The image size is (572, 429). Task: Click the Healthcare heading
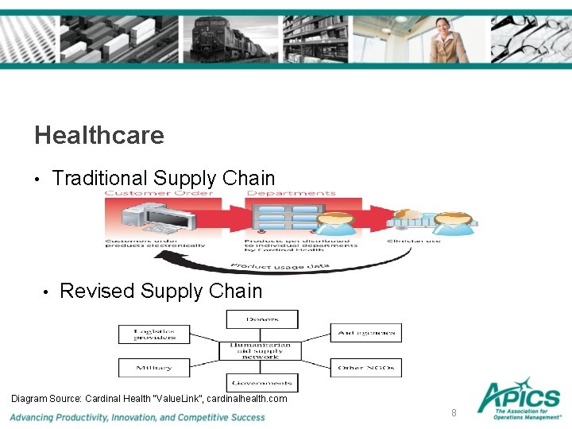[x=99, y=135]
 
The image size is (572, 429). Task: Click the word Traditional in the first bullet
[x=100, y=179]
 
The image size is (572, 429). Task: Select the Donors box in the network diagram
[x=262, y=319]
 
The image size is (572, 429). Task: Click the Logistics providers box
[x=154, y=334]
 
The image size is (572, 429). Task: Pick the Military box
[x=154, y=368]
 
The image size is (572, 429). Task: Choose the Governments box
[x=262, y=382]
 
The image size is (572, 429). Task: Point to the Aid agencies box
[x=365, y=333]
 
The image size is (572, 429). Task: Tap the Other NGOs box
[x=365, y=368]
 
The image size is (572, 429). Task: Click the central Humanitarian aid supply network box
[x=262, y=350]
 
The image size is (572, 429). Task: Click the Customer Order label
[x=159, y=193]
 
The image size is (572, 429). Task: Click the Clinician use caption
[x=413, y=241]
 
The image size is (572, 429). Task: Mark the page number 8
[x=454, y=412]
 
